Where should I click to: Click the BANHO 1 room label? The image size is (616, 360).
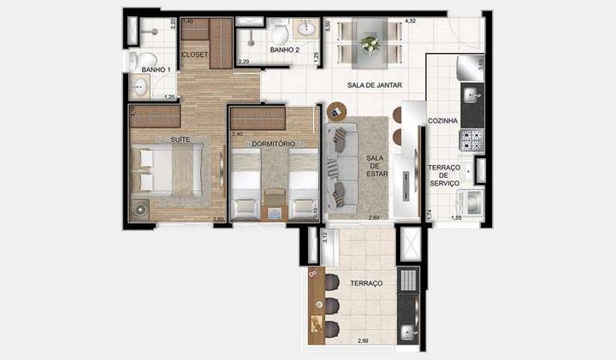(x=157, y=69)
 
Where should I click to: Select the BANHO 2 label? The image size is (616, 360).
(x=284, y=50)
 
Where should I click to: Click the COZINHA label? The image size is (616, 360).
(x=444, y=121)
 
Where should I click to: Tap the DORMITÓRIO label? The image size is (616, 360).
(x=274, y=144)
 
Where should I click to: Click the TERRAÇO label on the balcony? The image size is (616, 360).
(x=365, y=282)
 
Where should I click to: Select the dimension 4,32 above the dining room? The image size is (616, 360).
(x=410, y=20)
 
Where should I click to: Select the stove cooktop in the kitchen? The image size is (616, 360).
(x=471, y=139)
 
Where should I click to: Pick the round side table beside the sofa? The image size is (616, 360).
(x=335, y=110)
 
